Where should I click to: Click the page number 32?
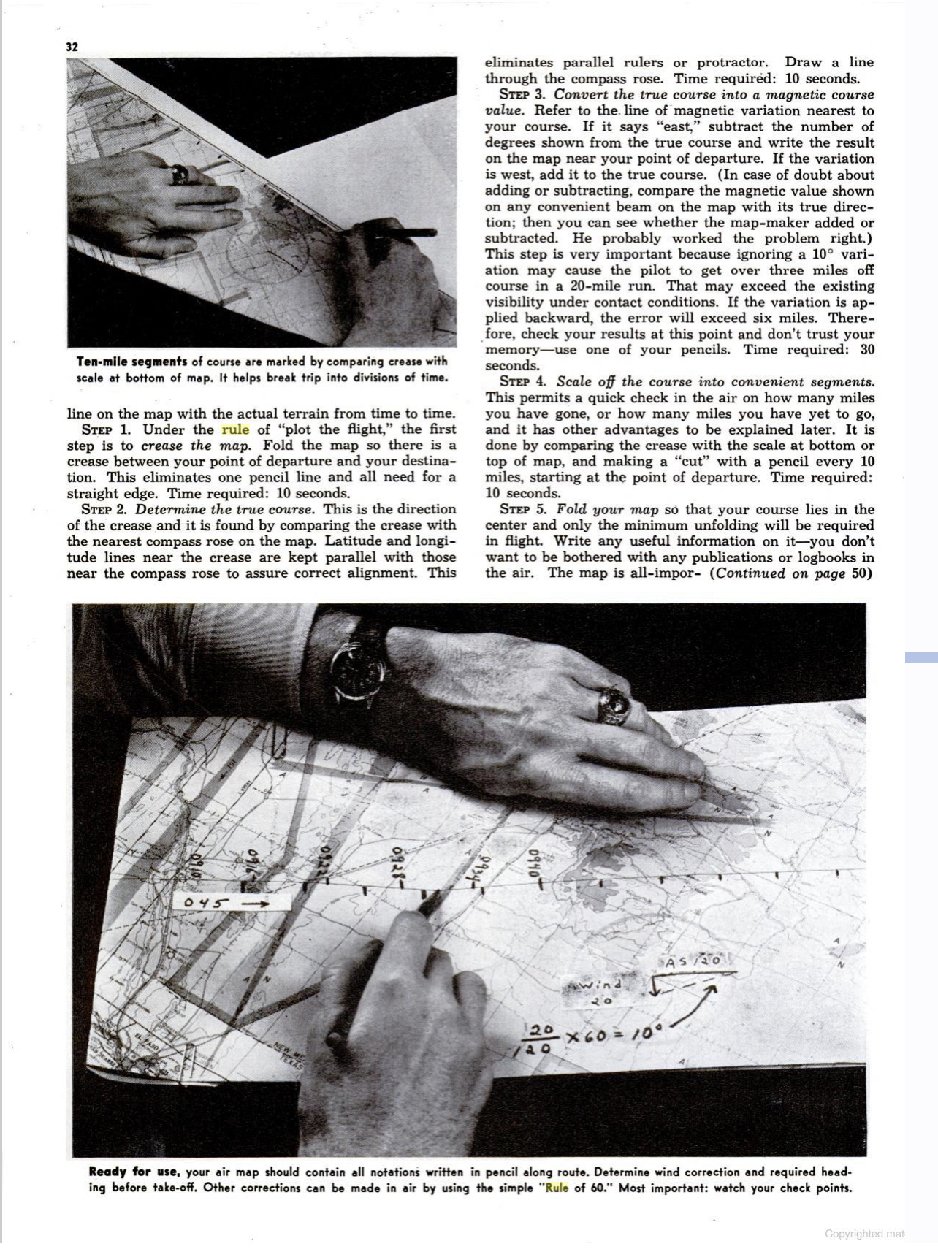tap(72, 47)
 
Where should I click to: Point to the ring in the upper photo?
tap(180, 174)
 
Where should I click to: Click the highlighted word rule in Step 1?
tap(235, 429)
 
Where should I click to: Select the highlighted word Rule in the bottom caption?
tap(557, 1187)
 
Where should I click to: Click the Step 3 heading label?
tap(522, 95)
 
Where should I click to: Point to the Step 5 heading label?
tap(522, 509)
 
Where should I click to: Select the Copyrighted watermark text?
tap(864, 1234)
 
